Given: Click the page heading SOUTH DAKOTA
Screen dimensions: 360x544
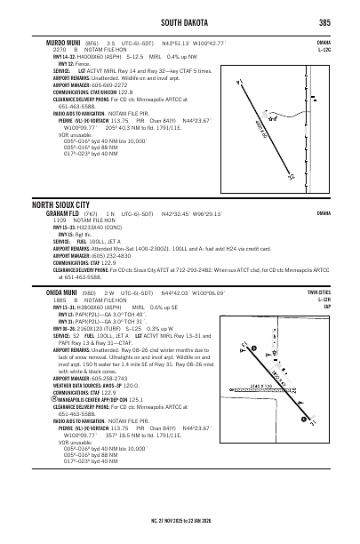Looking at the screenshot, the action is [180, 23].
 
